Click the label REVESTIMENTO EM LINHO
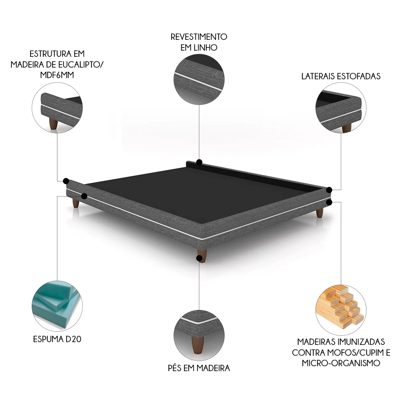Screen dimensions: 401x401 (x=199, y=42)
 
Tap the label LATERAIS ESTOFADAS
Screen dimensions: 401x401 (x=341, y=76)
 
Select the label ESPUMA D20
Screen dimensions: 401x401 (x=57, y=339)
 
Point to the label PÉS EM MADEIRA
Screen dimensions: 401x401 (x=199, y=368)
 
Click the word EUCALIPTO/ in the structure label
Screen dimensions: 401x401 (x=82, y=65)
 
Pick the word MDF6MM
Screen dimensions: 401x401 (x=57, y=75)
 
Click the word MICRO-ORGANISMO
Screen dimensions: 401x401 (x=341, y=363)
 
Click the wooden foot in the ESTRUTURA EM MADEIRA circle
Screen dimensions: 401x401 (x=53, y=125)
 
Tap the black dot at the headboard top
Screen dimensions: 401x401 (x=199, y=162)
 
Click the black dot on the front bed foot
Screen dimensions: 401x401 (x=199, y=258)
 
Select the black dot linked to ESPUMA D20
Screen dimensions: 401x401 (x=84, y=196)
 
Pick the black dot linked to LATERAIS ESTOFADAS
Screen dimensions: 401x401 (x=329, y=190)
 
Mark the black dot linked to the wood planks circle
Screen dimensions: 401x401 (x=329, y=202)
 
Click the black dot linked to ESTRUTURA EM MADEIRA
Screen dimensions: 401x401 (x=66, y=181)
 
